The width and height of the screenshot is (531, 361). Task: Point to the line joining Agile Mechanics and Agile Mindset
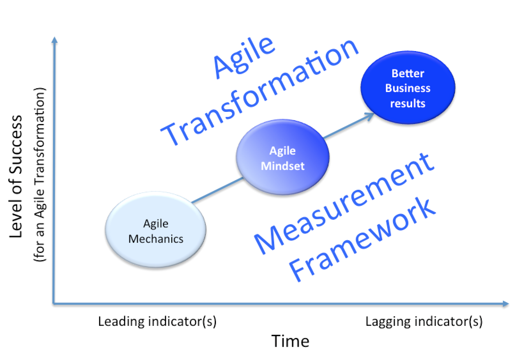[x=217, y=190]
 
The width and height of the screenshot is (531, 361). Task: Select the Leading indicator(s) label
[x=157, y=322]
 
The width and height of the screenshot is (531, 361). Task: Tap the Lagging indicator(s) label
[x=424, y=322]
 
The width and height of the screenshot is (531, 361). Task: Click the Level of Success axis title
[x=16, y=176]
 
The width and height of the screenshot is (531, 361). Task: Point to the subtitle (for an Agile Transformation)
[x=39, y=175]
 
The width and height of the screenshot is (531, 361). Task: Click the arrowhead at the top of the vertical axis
[x=55, y=40]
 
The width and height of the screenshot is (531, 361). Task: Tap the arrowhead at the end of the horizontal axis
[x=505, y=304]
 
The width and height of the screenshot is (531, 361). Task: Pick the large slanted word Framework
[x=362, y=239]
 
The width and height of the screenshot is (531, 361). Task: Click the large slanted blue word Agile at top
[x=244, y=57]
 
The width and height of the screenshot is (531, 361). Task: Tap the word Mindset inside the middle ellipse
[x=282, y=166]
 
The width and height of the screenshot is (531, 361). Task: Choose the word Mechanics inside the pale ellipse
[x=156, y=239]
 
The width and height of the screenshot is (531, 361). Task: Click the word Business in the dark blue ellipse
[x=408, y=88]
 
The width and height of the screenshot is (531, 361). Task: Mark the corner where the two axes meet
[x=54, y=303]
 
